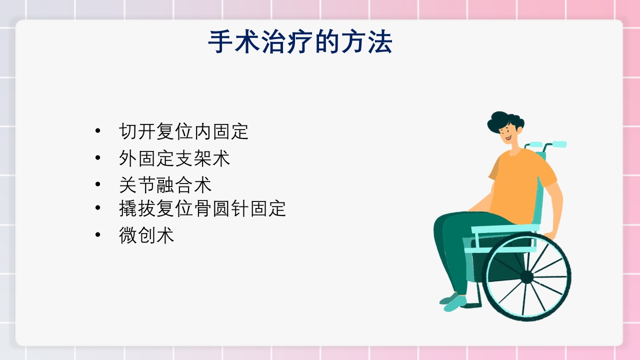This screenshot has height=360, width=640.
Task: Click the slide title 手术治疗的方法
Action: click(x=300, y=43)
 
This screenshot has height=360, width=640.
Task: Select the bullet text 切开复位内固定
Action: click(x=183, y=131)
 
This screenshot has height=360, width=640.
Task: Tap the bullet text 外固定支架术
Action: click(x=174, y=158)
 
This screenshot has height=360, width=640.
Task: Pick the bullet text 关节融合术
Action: click(x=165, y=185)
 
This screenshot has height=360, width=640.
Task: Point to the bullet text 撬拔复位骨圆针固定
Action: click(x=202, y=208)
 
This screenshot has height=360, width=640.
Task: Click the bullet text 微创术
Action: click(x=146, y=235)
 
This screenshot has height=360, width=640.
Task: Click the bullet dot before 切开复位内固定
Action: click(x=97, y=131)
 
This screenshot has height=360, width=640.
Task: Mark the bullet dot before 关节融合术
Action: click(x=97, y=184)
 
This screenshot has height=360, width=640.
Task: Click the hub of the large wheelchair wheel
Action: click(x=526, y=276)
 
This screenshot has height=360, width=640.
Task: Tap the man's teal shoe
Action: click(x=453, y=301)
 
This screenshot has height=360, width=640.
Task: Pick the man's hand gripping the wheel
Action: click(x=549, y=235)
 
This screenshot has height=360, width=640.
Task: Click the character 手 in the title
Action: click(x=218, y=43)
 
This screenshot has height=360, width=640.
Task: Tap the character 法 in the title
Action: click(x=381, y=43)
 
